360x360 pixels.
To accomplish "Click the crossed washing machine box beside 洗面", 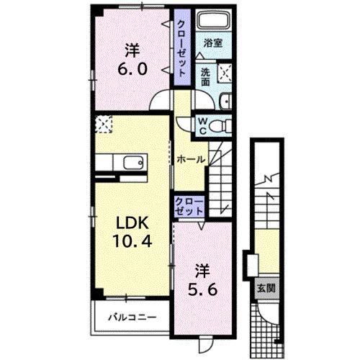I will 225,71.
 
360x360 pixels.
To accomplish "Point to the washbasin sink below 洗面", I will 225,101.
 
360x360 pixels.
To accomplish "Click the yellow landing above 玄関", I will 267,248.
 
